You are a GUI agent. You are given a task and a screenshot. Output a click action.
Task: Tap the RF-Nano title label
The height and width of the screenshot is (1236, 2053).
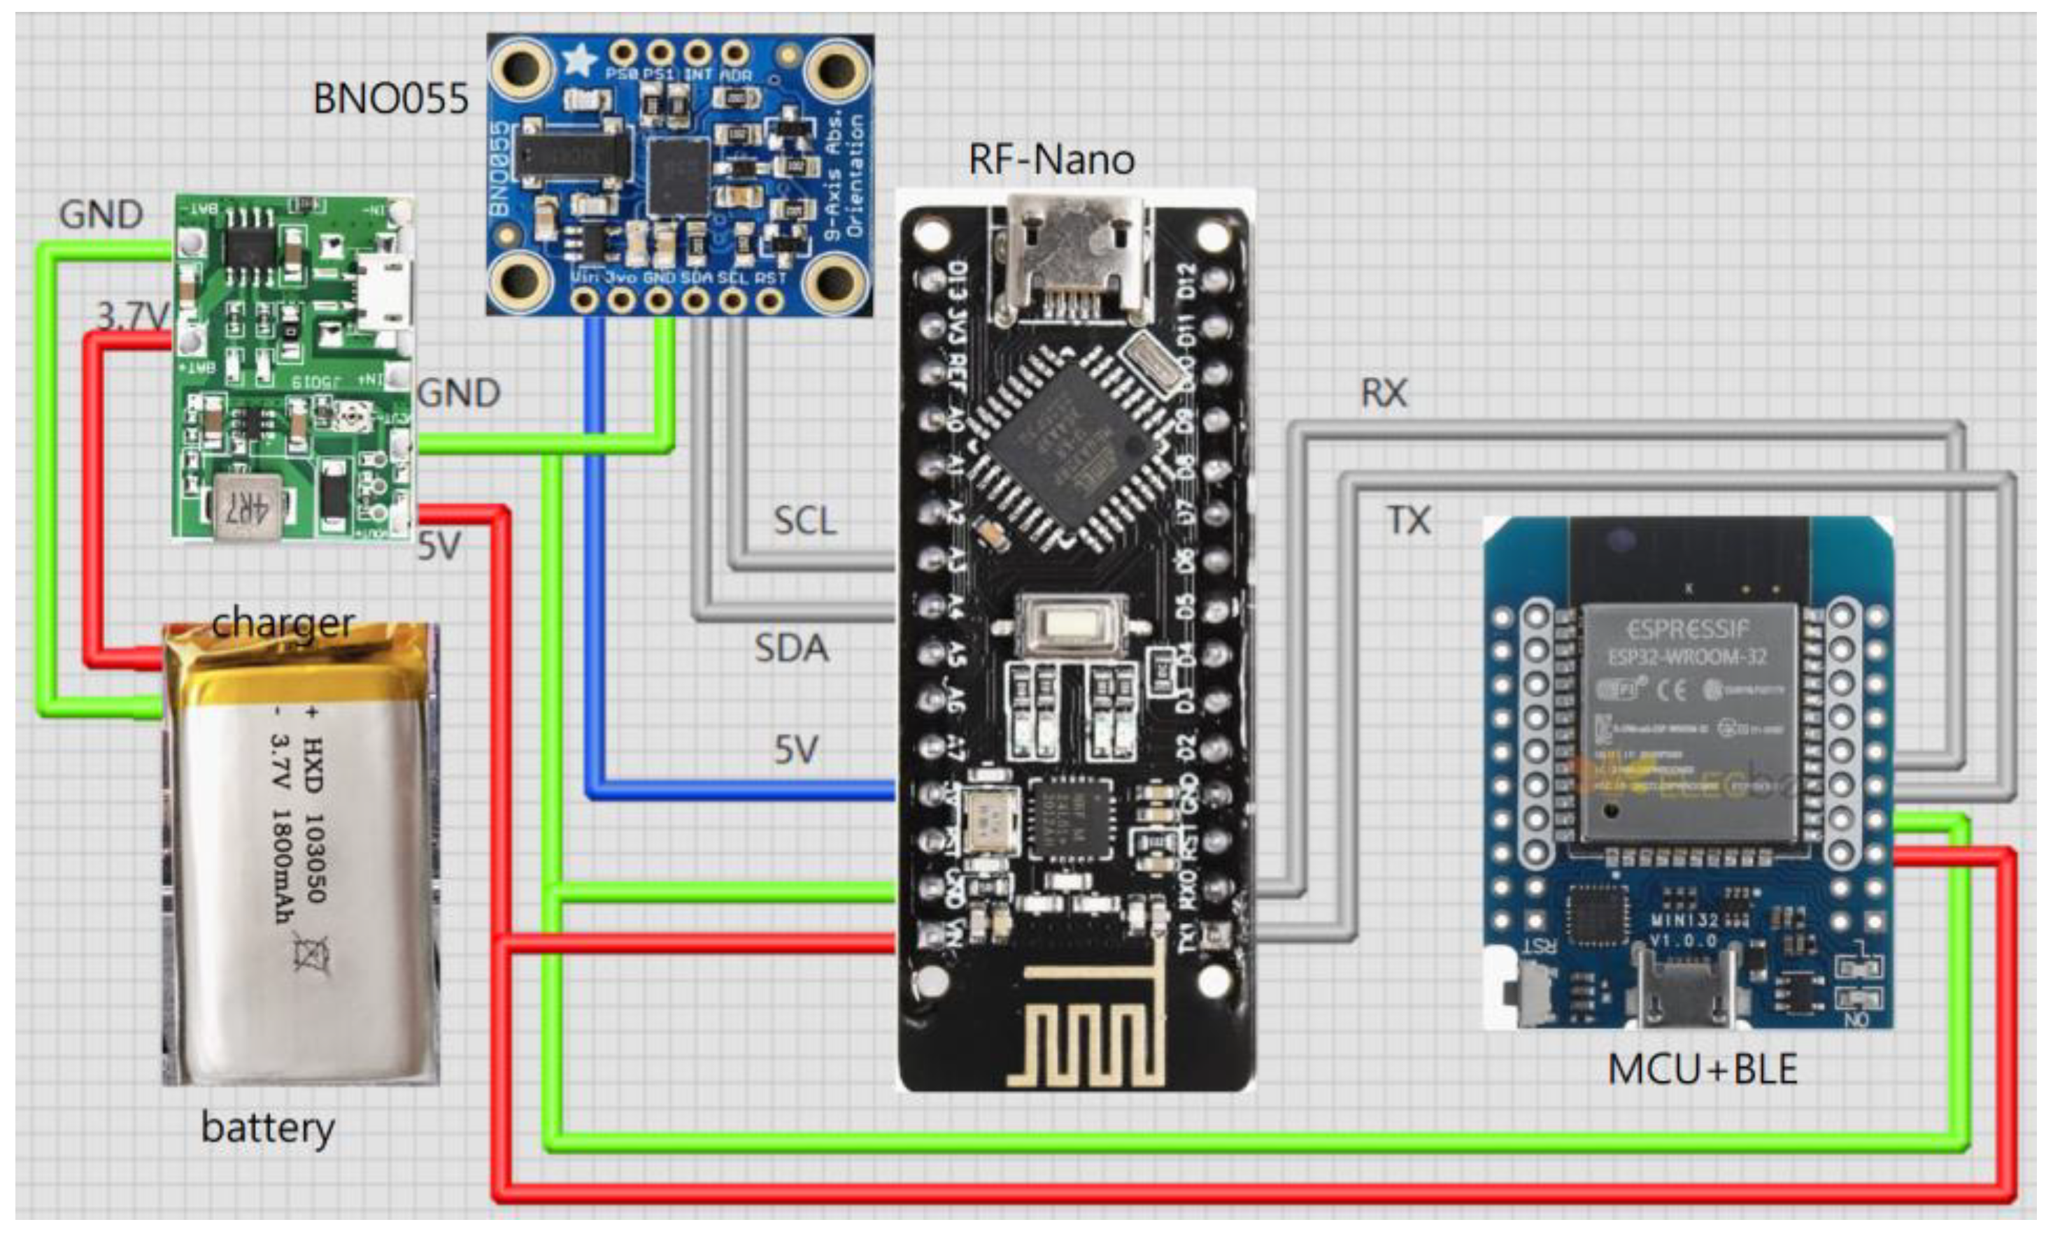1051,159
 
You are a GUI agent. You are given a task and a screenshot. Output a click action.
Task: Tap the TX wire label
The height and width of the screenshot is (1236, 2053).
1408,521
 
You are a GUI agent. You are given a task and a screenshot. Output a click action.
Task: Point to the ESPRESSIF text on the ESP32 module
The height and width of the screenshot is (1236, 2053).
1687,628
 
